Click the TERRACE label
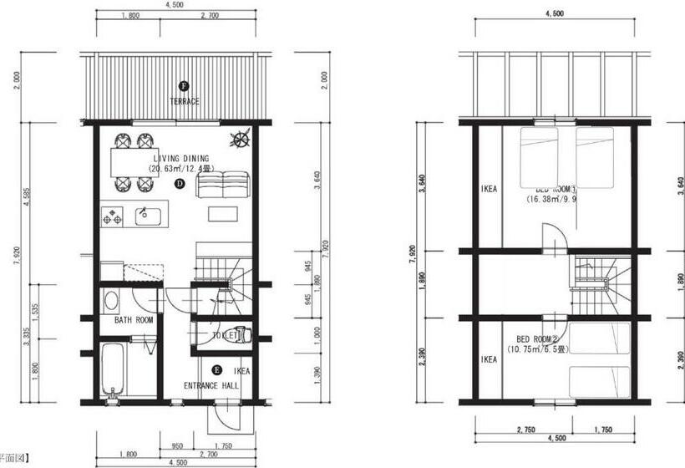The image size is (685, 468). pos(184,102)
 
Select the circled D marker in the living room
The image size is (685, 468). pos(179,184)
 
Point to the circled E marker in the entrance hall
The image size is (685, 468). pos(217,369)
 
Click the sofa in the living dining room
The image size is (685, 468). pos(222,183)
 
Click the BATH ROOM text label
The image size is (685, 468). pos(133,320)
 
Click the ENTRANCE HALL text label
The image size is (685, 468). pos(211,386)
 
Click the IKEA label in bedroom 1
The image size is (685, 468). pos(490,189)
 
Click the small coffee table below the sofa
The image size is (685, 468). pos(222,214)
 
